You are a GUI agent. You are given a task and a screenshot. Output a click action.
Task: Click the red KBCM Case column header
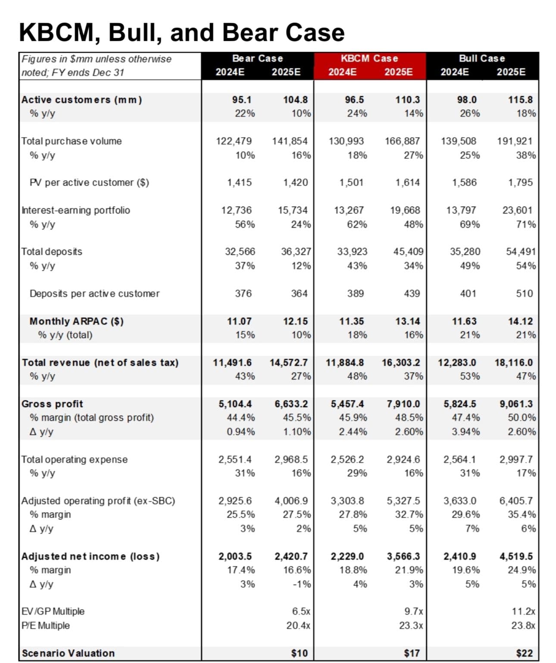point(369,59)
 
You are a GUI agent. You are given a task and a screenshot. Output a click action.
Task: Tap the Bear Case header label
point(257,59)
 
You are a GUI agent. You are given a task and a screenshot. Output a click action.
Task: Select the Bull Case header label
point(482,59)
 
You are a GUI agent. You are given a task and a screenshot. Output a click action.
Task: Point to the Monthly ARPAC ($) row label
point(76,321)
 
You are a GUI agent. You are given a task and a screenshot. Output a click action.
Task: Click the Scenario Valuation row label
point(68,653)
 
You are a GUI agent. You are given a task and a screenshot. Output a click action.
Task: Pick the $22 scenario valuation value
point(524,653)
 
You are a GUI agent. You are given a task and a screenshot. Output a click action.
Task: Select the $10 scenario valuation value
point(300,653)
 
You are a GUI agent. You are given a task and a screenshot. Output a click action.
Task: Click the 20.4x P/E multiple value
point(298,625)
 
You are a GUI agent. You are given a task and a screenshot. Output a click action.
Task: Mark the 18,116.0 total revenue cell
point(513,363)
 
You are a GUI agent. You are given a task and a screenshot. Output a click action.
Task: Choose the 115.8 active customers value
point(520,100)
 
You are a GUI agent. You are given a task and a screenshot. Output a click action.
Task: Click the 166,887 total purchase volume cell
point(402,141)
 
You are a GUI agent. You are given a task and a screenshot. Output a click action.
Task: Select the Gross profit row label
point(52,404)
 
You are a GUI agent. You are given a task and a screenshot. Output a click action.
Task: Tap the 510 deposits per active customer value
point(524,294)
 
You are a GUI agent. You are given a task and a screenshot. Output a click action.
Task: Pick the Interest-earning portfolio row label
point(76,210)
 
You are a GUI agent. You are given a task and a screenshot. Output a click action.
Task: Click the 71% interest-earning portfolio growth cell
point(526,224)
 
